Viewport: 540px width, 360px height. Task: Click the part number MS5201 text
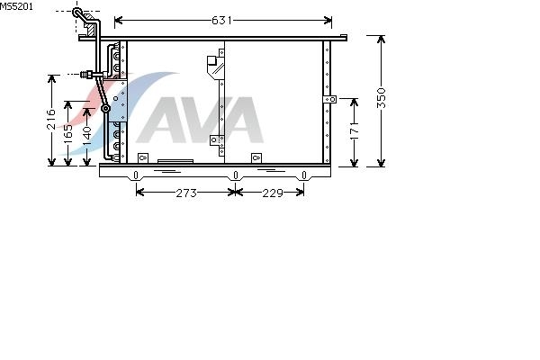click(x=16, y=6)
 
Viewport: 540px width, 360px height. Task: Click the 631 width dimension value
click(x=221, y=21)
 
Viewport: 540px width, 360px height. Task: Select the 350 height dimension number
click(x=382, y=98)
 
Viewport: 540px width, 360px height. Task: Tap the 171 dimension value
click(x=354, y=130)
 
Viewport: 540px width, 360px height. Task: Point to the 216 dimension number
click(x=51, y=119)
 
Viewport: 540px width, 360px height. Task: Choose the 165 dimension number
click(x=68, y=131)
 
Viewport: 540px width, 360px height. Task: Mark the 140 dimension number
click(x=87, y=135)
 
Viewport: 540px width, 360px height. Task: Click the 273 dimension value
click(x=186, y=193)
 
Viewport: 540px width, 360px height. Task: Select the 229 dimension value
click(x=273, y=193)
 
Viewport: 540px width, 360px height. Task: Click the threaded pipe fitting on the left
click(x=86, y=75)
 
